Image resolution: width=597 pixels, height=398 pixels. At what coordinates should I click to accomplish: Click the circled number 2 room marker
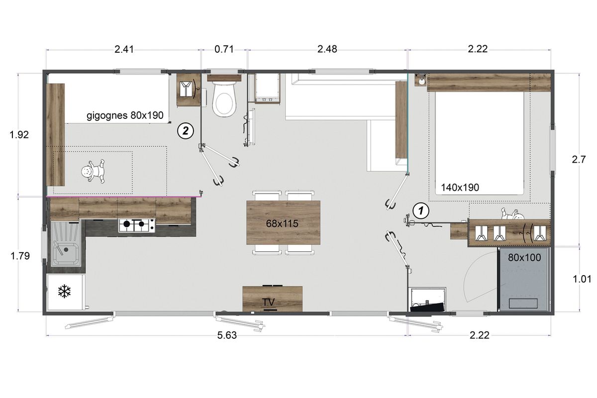point(186,131)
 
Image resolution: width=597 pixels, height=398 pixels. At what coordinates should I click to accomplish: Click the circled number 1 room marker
point(421,211)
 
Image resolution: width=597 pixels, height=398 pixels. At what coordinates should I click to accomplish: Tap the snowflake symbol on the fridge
point(64,291)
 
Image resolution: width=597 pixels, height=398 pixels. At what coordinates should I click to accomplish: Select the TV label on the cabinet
point(268,302)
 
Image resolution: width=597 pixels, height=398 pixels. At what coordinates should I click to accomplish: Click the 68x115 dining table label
point(282,223)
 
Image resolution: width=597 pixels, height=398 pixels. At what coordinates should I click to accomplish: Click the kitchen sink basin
point(66,253)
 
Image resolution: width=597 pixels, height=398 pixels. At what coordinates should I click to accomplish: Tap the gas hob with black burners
point(137,225)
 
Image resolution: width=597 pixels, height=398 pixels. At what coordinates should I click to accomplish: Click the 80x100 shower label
point(524,258)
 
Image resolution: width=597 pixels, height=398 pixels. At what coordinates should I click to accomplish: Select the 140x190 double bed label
point(460,188)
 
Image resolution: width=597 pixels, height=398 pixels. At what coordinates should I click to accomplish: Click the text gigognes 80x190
point(125,115)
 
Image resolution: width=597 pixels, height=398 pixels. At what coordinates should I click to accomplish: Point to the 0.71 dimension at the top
point(224,49)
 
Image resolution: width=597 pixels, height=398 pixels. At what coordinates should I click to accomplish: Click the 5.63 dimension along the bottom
point(227,335)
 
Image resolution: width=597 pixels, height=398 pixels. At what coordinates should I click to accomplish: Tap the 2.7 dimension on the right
point(579,159)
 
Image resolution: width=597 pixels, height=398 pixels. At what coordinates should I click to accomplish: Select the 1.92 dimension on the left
point(19,135)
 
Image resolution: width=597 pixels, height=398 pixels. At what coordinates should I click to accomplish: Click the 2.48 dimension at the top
point(327,49)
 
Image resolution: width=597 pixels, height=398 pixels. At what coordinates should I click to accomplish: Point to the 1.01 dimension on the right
point(582,279)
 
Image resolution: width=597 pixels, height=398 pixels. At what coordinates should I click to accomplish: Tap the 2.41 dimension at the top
point(124,49)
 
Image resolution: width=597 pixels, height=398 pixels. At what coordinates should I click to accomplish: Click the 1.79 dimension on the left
point(20,256)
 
